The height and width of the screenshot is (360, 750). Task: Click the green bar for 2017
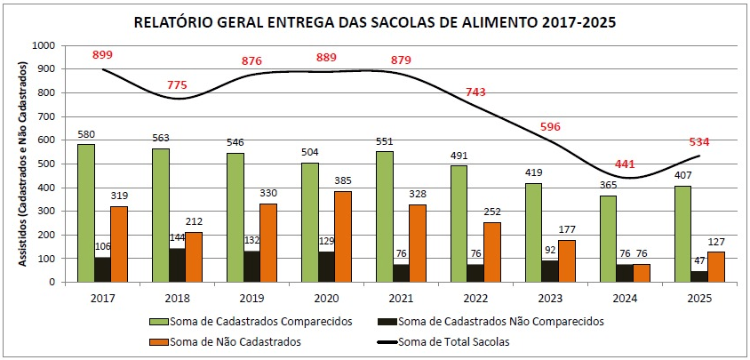pyautogui.click(x=85, y=213)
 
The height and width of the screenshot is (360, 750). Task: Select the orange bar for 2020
pyautogui.click(x=343, y=236)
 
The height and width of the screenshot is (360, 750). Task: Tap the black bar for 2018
pyautogui.click(x=178, y=265)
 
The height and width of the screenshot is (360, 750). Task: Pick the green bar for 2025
pyautogui.click(x=682, y=234)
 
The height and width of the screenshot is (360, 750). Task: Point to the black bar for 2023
pyautogui.click(x=551, y=271)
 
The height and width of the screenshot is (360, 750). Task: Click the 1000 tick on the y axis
pyautogui.click(x=43, y=45)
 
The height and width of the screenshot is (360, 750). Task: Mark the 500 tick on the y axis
pyautogui.click(x=45, y=164)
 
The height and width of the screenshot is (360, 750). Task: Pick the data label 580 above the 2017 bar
pyautogui.click(x=85, y=135)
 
